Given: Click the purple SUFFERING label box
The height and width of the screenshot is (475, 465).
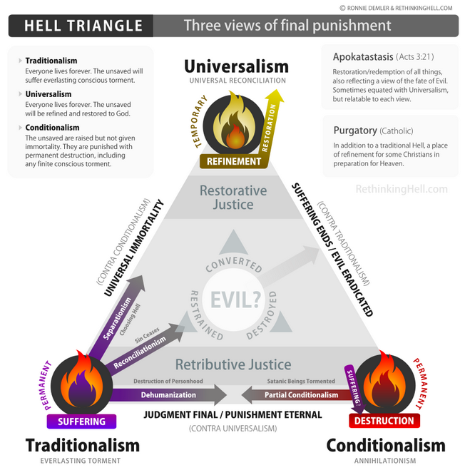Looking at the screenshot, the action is tap(81, 422).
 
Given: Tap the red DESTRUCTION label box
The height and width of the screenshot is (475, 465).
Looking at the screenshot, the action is tap(384, 421).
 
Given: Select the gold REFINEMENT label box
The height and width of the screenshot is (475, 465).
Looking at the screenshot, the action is tap(234, 161).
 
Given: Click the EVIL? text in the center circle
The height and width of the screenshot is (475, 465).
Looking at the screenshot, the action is tap(235, 300).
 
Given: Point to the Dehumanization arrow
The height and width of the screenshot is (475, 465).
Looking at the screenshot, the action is tap(168, 394).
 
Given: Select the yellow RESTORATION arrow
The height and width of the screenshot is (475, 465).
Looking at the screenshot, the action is tap(271, 124).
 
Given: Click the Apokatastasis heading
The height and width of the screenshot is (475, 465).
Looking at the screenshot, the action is tap(363, 56).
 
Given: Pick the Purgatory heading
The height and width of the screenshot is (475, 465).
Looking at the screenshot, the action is tap(355, 131).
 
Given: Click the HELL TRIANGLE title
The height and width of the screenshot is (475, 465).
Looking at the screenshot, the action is tap(83, 26).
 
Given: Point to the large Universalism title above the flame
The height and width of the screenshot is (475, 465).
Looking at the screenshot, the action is tap(236, 66).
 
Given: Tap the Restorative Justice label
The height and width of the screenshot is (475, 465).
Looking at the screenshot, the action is tap(233, 198).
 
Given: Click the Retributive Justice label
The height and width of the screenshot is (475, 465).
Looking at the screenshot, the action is tap(233, 364).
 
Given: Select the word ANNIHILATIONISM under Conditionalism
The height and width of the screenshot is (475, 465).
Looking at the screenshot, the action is tap(385, 461).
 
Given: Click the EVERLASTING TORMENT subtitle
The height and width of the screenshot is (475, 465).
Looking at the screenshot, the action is tap(81, 461).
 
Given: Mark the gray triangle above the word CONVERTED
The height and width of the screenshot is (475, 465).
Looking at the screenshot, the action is tap(233, 242).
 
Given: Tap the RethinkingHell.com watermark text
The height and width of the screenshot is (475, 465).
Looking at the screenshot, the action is tap(402, 189).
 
